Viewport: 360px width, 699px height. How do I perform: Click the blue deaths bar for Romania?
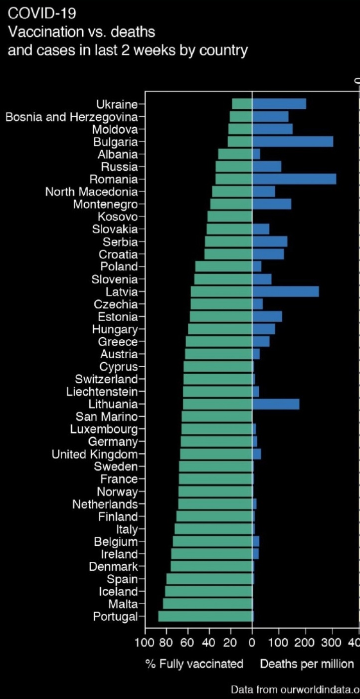[294, 179]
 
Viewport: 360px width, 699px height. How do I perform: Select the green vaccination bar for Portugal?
[205, 617]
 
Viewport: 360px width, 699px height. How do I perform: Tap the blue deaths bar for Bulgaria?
[293, 142]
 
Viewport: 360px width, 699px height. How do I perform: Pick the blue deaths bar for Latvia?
[286, 292]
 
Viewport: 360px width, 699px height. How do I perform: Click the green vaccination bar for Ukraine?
[242, 104]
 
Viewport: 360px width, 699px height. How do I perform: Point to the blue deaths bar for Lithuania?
[276, 404]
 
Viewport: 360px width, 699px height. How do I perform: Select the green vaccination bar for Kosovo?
[230, 217]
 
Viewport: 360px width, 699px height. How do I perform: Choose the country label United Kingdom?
[95, 454]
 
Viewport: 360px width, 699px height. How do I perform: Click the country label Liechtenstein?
[102, 392]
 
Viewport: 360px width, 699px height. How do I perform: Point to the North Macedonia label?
[91, 192]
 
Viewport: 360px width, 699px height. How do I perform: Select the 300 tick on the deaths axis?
[332, 642]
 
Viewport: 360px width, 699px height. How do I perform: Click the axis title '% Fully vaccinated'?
[194, 664]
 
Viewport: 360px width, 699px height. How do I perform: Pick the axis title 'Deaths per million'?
[307, 664]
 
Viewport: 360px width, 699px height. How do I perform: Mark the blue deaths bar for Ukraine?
[279, 104]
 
